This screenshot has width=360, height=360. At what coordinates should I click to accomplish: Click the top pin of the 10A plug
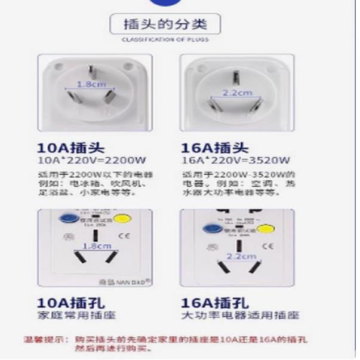[x=92, y=72]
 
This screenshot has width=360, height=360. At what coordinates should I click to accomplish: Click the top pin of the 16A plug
[x=236, y=77]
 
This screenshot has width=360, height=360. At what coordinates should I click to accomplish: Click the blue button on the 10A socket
[x=64, y=218]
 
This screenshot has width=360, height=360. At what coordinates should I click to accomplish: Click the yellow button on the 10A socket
[x=122, y=219]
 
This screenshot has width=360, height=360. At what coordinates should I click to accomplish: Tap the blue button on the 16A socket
[x=212, y=228]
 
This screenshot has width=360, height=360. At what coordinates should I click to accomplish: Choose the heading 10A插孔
[x=67, y=303]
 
